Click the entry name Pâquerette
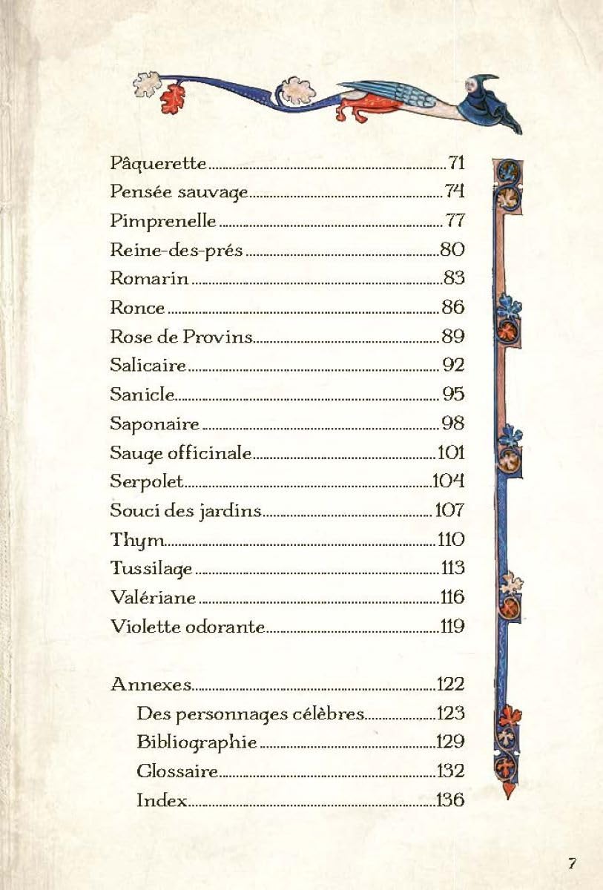pos(158,163)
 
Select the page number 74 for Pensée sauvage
pos(455,192)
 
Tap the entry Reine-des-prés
pos(176,250)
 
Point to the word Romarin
pos(149,279)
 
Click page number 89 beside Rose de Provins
pos(453,337)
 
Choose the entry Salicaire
pos(148,366)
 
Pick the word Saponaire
pos(155,424)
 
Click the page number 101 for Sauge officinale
pos(451,452)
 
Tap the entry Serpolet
pos(146,481)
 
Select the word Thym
pos(132,540)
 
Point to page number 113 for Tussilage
pos(452,568)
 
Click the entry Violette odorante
pos(187,627)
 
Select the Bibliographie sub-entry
pos(197,742)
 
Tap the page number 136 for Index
pos(450,800)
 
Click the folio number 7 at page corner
pos(572,863)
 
